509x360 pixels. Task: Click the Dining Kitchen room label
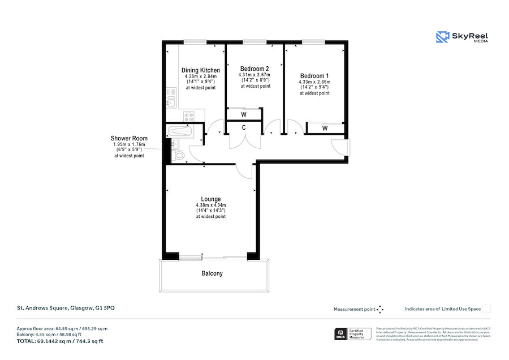pyautogui.click(x=201, y=70)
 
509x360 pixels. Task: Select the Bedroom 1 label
pyautogui.click(x=314, y=76)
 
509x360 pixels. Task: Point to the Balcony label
pyautogui.click(x=212, y=273)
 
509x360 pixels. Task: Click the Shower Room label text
pyautogui.click(x=129, y=138)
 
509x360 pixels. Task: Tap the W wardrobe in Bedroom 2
pyautogui.click(x=244, y=114)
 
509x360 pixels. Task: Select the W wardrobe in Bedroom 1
pyautogui.click(x=325, y=128)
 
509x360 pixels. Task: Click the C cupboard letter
pyautogui.click(x=244, y=128)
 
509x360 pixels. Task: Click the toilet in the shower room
pyautogui.click(x=179, y=155)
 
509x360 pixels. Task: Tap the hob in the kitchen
pyautogui.click(x=188, y=117)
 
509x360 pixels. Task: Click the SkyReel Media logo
pyautogui.click(x=461, y=38)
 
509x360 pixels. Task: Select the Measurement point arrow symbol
pyautogui.click(x=380, y=309)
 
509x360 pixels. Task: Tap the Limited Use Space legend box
pyautogui.click(x=486, y=309)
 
